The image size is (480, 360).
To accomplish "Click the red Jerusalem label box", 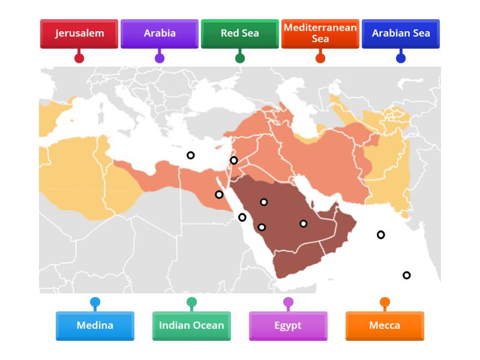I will [79, 34].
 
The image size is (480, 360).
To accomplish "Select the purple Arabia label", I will [160, 34].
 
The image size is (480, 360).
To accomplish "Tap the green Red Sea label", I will [240, 34].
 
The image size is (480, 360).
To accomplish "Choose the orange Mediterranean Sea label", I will [320, 34].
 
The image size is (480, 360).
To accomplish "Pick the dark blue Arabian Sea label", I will [401, 34].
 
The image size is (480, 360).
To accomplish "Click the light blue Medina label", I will [95, 326].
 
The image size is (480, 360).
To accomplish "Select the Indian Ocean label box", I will [191, 326].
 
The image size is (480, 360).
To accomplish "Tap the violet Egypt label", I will [288, 326].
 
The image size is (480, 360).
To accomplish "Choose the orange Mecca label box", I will [385, 326].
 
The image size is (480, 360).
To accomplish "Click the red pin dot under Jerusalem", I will [79, 58].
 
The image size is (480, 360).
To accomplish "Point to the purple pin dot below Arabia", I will [160, 58].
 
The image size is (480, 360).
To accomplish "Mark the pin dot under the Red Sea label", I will [240, 58].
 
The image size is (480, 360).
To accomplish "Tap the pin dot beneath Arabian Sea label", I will [401, 58].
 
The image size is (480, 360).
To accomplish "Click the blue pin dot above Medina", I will [95, 302].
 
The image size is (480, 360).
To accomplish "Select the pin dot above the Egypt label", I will [288, 302].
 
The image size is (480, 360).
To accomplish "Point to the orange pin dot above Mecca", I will [385, 302].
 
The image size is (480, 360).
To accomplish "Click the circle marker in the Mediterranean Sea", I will [190, 155].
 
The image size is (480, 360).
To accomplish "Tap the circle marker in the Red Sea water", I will [242, 217].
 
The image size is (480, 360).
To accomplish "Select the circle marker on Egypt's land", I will [219, 194].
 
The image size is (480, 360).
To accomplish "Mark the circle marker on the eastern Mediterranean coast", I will [234, 160].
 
